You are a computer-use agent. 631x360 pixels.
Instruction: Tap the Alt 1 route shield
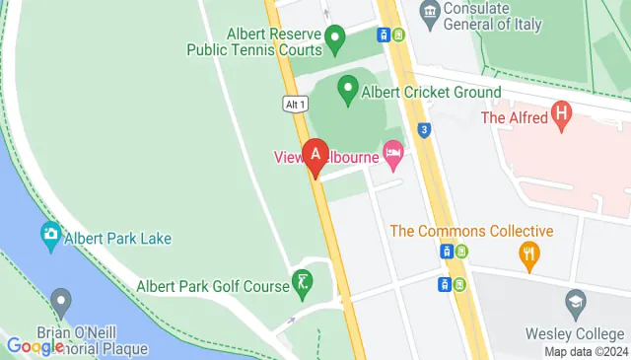295,104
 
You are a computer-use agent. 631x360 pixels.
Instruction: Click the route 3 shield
424,128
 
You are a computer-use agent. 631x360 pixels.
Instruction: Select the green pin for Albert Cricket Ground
347,91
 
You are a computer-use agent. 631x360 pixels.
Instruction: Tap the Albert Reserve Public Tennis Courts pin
334,41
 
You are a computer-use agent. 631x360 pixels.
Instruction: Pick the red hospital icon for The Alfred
562,116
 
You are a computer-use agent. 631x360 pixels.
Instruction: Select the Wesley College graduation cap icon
575,300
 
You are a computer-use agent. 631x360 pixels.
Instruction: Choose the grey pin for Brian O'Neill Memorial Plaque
61,300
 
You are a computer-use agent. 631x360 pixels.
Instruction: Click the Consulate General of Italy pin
429,13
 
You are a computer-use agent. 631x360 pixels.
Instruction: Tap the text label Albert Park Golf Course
212,286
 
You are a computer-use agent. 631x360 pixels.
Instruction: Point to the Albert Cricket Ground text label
433,92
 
